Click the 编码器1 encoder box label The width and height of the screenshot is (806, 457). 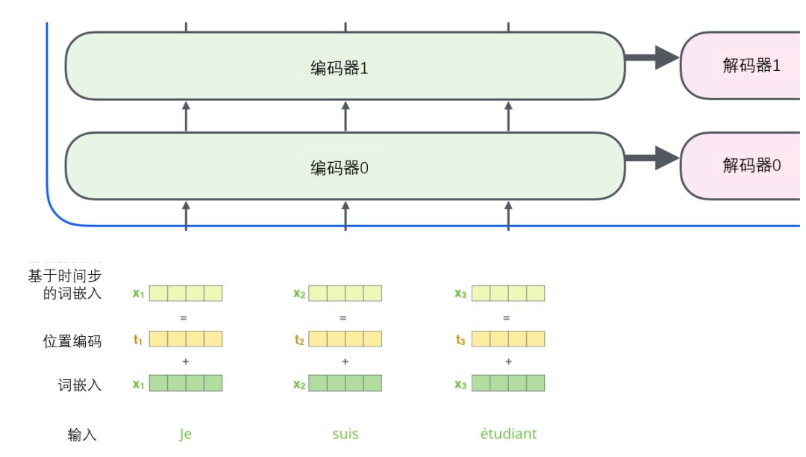(x=339, y=68)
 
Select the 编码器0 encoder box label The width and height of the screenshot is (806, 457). (x=339, y=168)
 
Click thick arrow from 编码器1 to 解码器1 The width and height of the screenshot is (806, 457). (x=652, y=57)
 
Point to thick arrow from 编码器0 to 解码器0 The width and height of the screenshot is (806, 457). (x=652, y=158)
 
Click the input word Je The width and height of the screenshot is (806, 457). (x=185, y=434)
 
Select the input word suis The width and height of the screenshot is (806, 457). (x=345, y=434)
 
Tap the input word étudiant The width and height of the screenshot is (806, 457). (x=508, y=434)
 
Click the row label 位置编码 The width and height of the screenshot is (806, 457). (x=72, y=341)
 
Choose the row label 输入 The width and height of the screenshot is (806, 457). (x=82, y=435)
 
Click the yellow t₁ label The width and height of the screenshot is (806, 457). (x=137, y=340)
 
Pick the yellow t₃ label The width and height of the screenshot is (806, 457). (x=460, y=340)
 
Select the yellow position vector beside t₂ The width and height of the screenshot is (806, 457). (x=345, y=340)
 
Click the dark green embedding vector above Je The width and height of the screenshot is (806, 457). (x=186, y=384)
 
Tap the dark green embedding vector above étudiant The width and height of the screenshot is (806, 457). (x=507, y=384)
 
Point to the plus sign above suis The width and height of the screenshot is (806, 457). (x=345, y=362)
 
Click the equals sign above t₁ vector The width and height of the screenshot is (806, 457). (x=183, y=317)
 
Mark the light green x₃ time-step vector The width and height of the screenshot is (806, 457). (x=507, y=293)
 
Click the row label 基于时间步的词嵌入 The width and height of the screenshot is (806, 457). (x=66, y=285)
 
